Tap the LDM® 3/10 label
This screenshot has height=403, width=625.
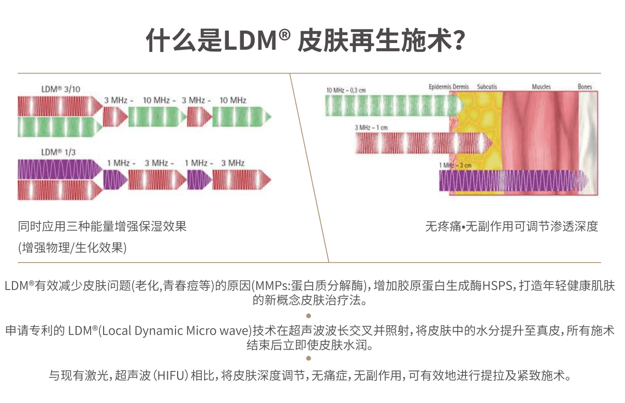tap(61, 89)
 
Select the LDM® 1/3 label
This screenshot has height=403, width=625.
tap(59, 152)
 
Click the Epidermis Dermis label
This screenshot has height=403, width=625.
tap(448, 87)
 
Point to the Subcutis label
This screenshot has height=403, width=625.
tap(487, 87)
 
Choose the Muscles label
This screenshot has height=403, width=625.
tap(541, 87)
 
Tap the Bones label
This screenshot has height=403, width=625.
tap(585, 87)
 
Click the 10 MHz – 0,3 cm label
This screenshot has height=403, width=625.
tap(346, 90)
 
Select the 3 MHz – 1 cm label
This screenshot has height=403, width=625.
tap(371, 127)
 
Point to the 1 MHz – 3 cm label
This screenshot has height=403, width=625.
tap(455, 165)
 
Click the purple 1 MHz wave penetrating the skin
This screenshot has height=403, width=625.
tap(513, 181)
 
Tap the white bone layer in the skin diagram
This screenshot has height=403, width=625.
tap(588, 143)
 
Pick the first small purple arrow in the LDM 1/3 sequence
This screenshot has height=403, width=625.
tap(115, 179)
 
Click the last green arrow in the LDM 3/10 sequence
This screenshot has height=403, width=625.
tap(242, 117)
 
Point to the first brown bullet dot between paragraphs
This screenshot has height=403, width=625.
tap(308, 316)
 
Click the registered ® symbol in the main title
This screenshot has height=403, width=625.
tap(284, 35)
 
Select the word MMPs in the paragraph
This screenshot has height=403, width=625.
tap(272, 286)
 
